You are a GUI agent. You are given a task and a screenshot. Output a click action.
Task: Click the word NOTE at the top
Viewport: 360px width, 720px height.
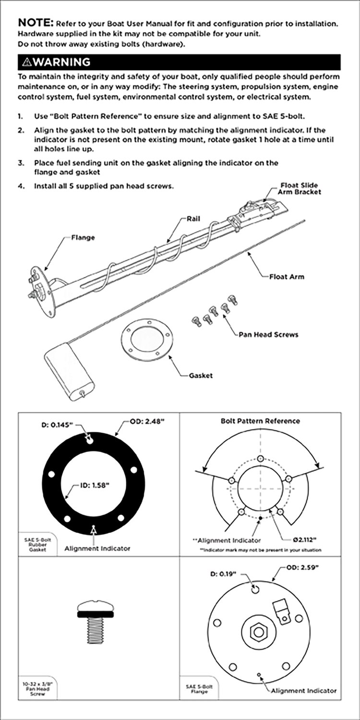coord(36,23)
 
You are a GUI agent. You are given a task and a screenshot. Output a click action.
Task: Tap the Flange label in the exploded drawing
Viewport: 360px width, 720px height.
coord(83,237)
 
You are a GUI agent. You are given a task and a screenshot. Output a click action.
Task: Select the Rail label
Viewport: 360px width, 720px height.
coord(193,219)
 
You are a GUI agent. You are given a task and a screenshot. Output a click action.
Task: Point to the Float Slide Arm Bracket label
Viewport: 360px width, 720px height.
coord(299,189)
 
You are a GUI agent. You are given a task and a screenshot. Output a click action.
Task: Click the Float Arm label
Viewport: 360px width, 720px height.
coord(287,276)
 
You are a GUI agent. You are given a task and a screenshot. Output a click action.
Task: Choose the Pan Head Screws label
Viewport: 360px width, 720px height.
coord(268,334)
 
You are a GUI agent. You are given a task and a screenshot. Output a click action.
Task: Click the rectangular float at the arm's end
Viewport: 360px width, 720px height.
coord(70,372)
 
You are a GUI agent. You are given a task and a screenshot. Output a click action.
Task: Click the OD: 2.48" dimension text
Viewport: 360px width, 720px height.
coord(147,421)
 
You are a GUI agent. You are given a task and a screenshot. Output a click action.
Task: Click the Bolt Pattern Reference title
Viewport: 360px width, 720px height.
coord(260,421)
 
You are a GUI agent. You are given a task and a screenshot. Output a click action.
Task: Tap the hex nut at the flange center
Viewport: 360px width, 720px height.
coord(258,632)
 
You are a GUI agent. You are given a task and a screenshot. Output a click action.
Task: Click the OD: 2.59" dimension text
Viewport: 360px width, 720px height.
coord(303,567)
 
